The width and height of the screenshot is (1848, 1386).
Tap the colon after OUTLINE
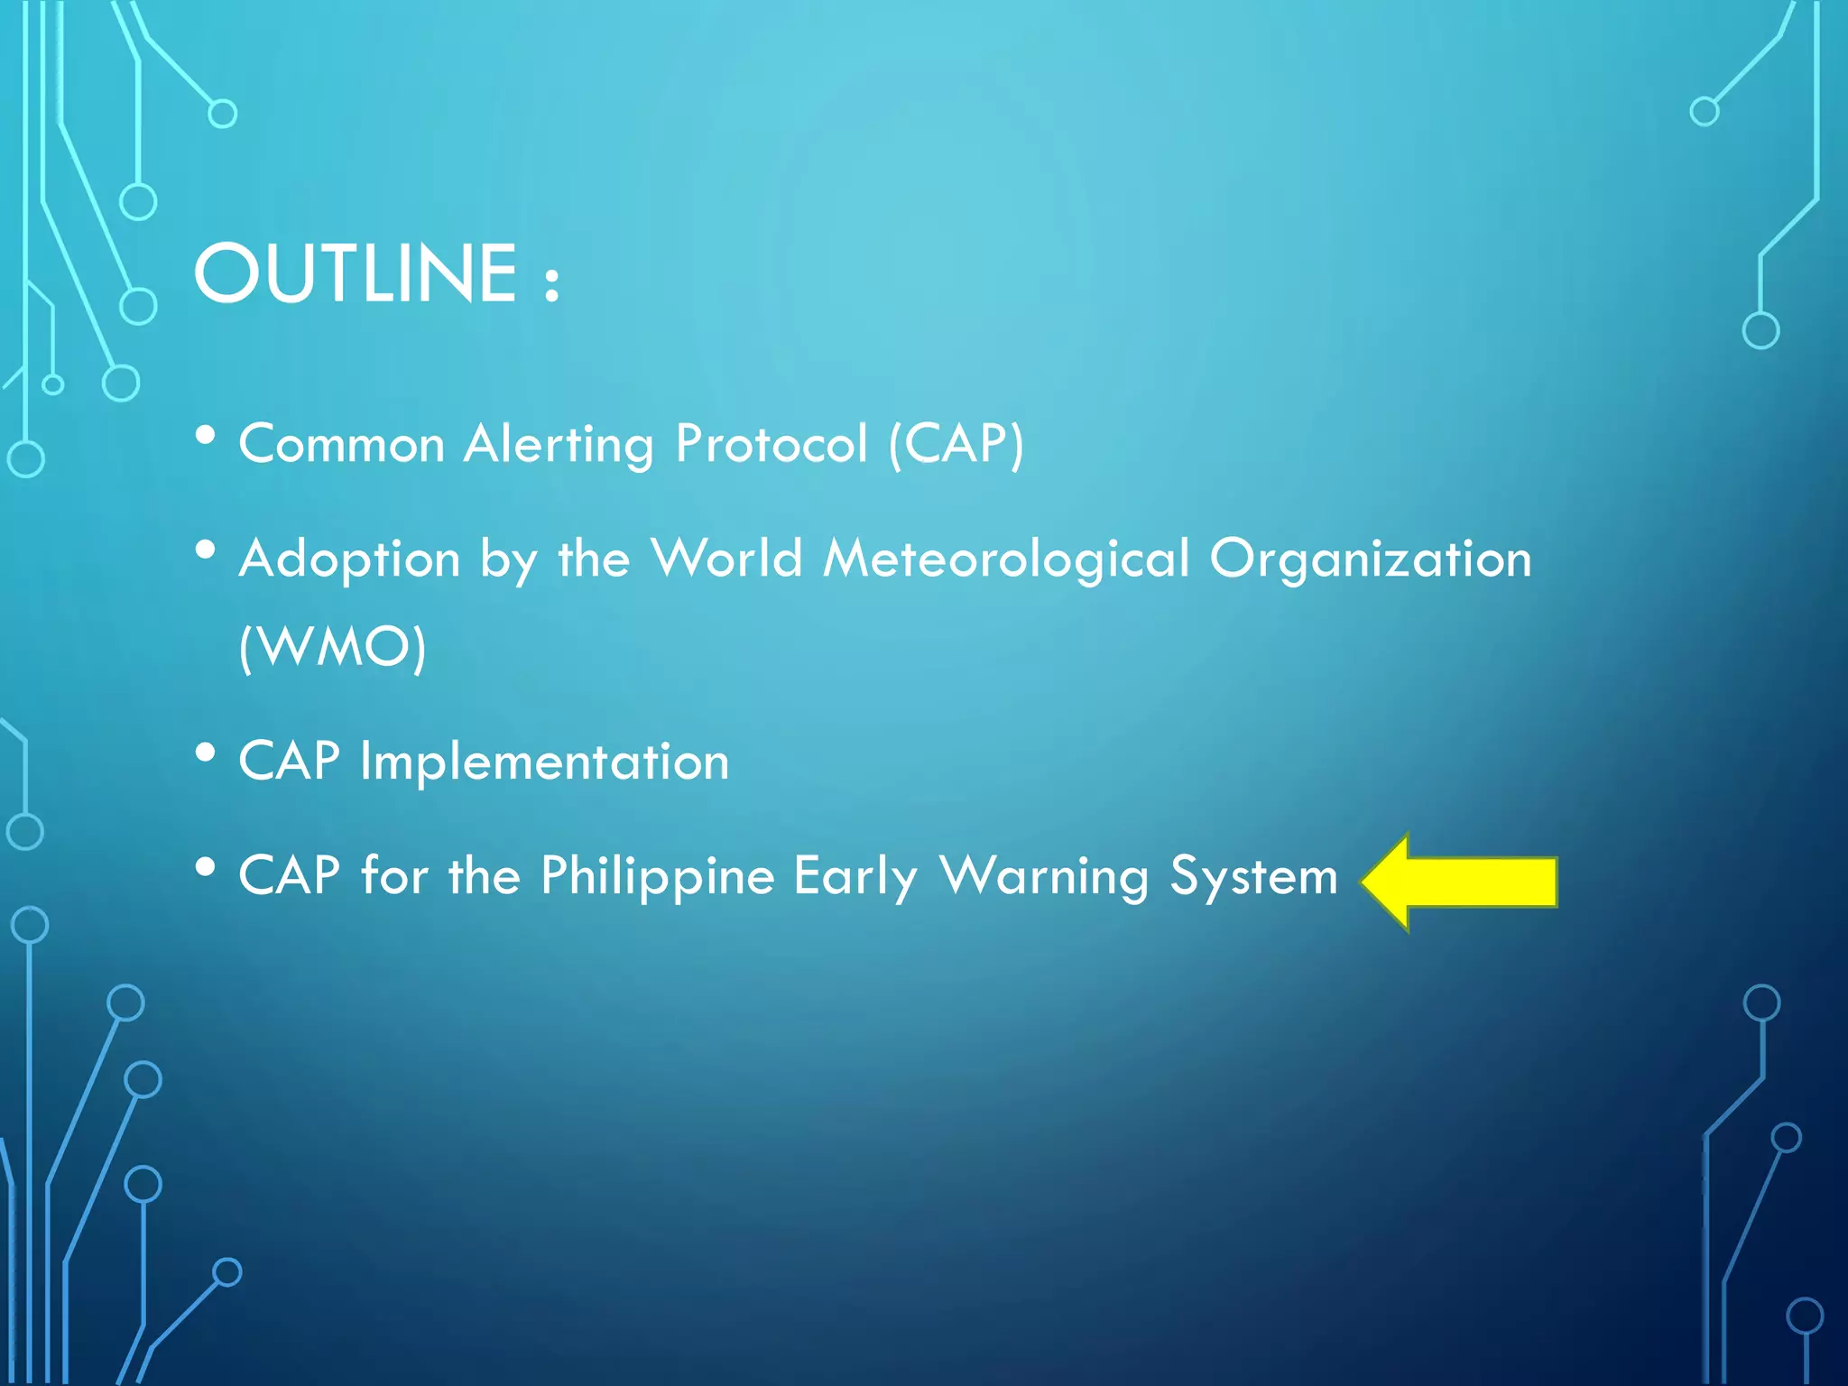click(x=552, y=282)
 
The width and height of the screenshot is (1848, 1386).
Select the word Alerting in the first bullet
click(x=559, y=445)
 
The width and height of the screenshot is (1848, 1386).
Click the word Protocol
click(x=772, y=444)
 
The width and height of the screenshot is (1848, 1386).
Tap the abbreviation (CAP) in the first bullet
click(x=956, y=444)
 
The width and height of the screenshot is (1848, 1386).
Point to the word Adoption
click(x=350, y=559)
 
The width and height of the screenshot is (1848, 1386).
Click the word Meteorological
click(x=1006, y=559)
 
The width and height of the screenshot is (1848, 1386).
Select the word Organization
click(x=1371, y=559)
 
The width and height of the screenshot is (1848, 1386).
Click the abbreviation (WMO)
click(x=332, y=646)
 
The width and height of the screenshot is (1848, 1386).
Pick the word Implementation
click(x=544, y=762)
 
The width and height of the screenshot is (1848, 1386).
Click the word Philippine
click(x=658, y=876)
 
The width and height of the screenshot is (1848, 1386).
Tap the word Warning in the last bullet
click(x=1043, y=876)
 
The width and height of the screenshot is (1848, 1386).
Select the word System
click(x=1253, y=876)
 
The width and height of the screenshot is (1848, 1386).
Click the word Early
click(x=855, y=876)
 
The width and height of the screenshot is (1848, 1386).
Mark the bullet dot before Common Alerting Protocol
click(x=206, y=436)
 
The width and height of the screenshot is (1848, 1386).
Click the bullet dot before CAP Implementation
click(x=206, y=753)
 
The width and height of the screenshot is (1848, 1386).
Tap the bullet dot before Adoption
click(x=206, y=550)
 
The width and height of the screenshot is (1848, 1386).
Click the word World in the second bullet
click(x=726, y=559)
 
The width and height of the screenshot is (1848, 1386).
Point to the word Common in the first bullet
click(x=342, y=445)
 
